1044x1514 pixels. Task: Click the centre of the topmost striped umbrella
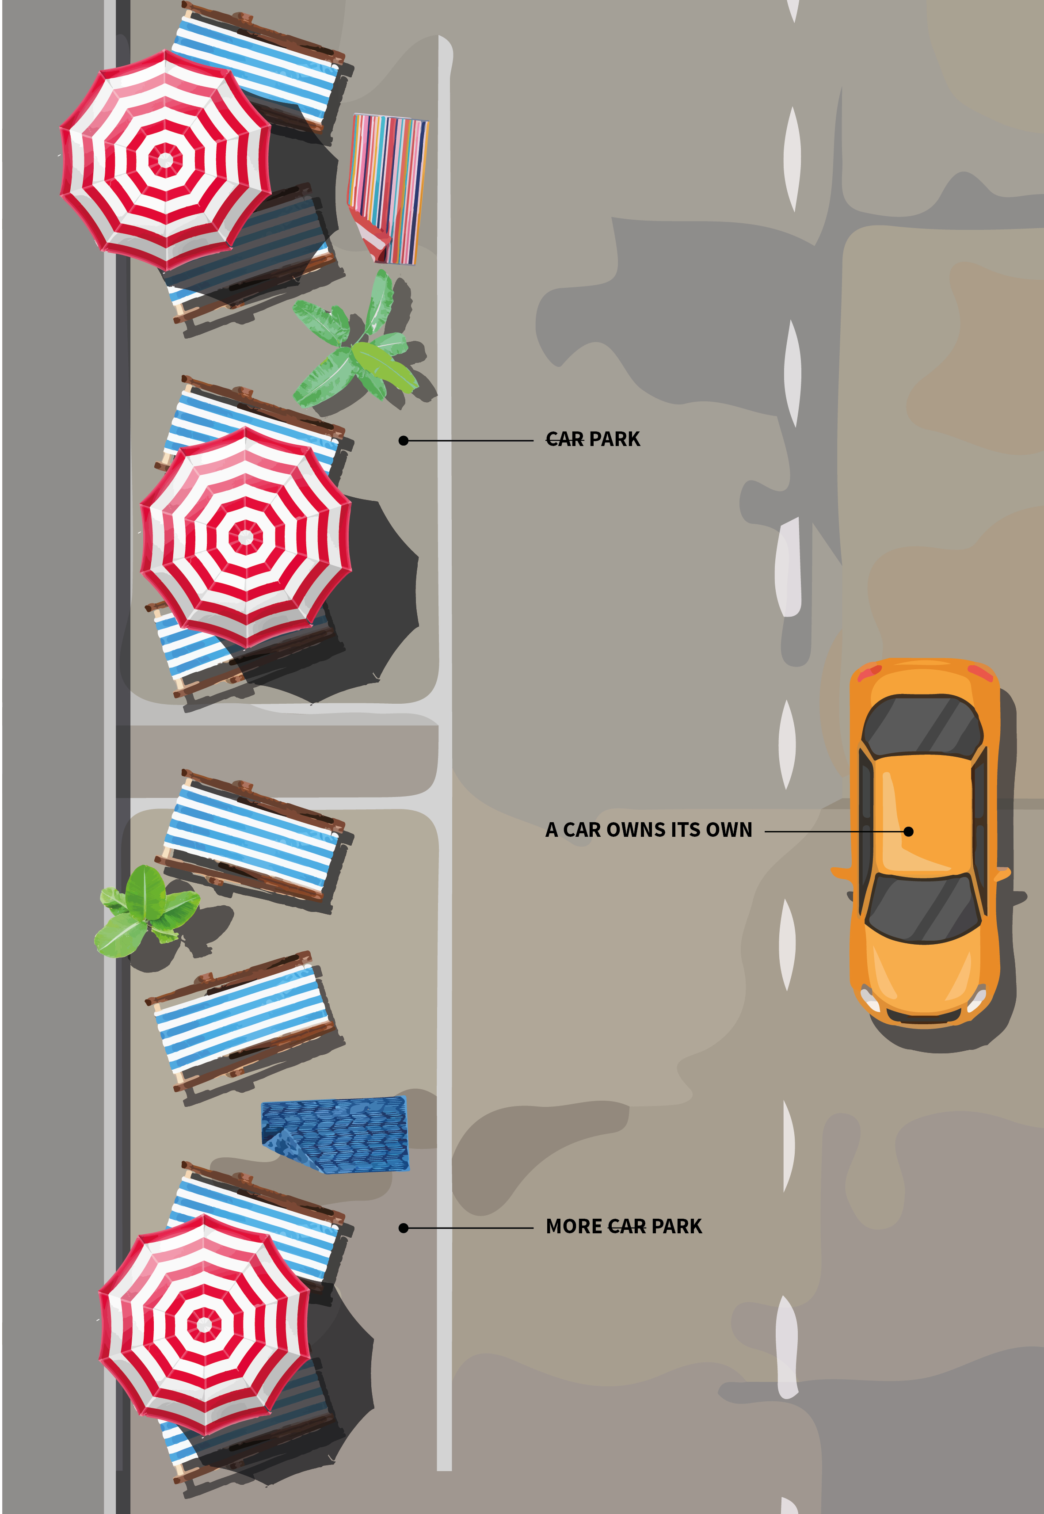(x=165, y=159)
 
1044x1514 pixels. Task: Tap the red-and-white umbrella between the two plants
(x=245, y=537)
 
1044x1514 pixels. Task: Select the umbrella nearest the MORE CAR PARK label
(x=204, y=1324)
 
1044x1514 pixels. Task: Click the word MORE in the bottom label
(x=574, y=1226)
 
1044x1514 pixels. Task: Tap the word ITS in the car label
(x=685, y=830)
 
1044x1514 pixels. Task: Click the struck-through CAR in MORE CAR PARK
(x=627, y=1226)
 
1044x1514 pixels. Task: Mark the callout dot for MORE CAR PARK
(x=404, y=1228)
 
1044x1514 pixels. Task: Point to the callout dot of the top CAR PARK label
(x=404, y=441)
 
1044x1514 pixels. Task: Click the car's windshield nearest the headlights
(x=923, y=908)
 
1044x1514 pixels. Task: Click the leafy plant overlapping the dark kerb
(x=145, y=911)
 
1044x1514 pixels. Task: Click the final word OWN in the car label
(x=729, y=830)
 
